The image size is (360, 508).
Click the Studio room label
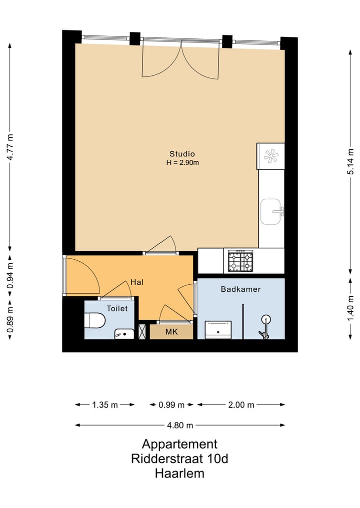(182, 154)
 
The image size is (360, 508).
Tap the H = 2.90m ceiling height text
(182, 163)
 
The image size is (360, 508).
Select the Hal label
(137, 282)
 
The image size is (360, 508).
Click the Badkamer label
(240, 289)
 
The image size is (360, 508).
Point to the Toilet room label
(117, 308)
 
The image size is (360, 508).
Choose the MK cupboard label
(171, 332)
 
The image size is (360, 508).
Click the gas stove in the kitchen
(240, 261)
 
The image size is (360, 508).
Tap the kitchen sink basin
(271, 212)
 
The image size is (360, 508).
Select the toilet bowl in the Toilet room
(94, 320)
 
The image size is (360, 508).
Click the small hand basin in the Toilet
(124, 334)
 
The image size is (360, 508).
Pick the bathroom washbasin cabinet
(218, 330)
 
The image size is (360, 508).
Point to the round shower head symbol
(266, 320)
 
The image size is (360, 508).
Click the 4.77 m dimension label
(10, 147)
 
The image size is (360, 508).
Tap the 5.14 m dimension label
(350, 162)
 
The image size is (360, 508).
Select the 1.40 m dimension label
(350, 308)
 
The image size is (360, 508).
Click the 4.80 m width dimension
(180, 425)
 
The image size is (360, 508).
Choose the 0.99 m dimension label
(171, 405)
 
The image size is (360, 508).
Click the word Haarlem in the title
(179, 474)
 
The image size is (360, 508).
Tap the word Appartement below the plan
(179, 444)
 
